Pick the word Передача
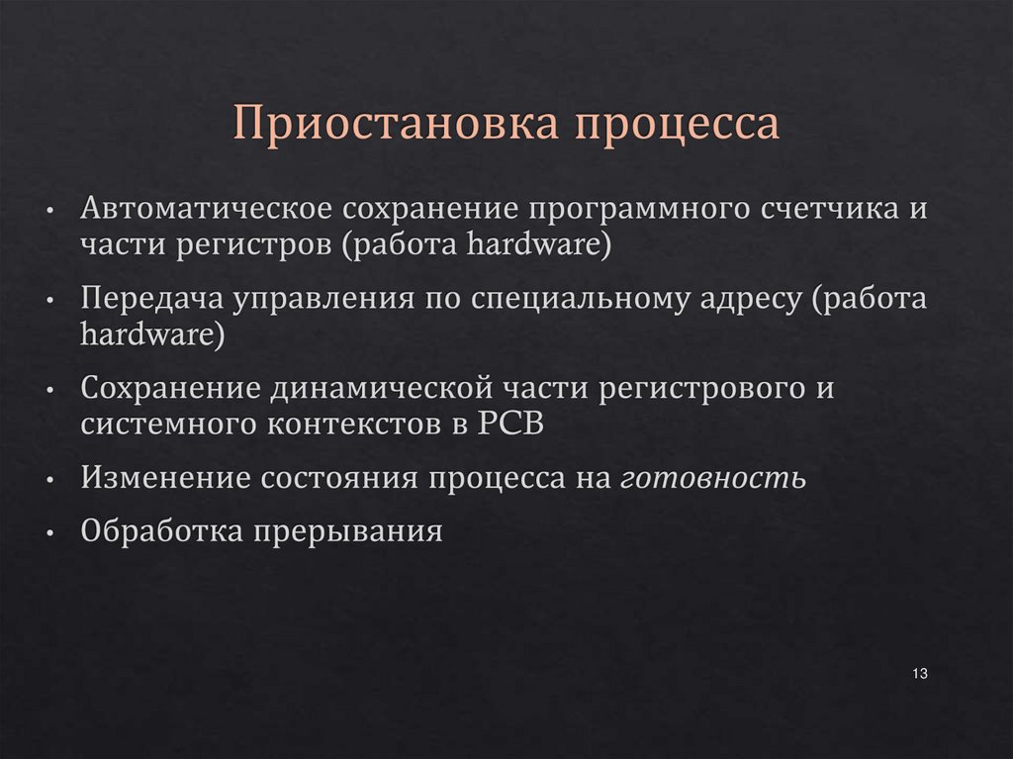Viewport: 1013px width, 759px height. click(x=151, y=299)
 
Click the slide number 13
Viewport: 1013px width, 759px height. click(x=919, y=674)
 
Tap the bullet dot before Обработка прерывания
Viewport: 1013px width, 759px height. click(x=49, y=533)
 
